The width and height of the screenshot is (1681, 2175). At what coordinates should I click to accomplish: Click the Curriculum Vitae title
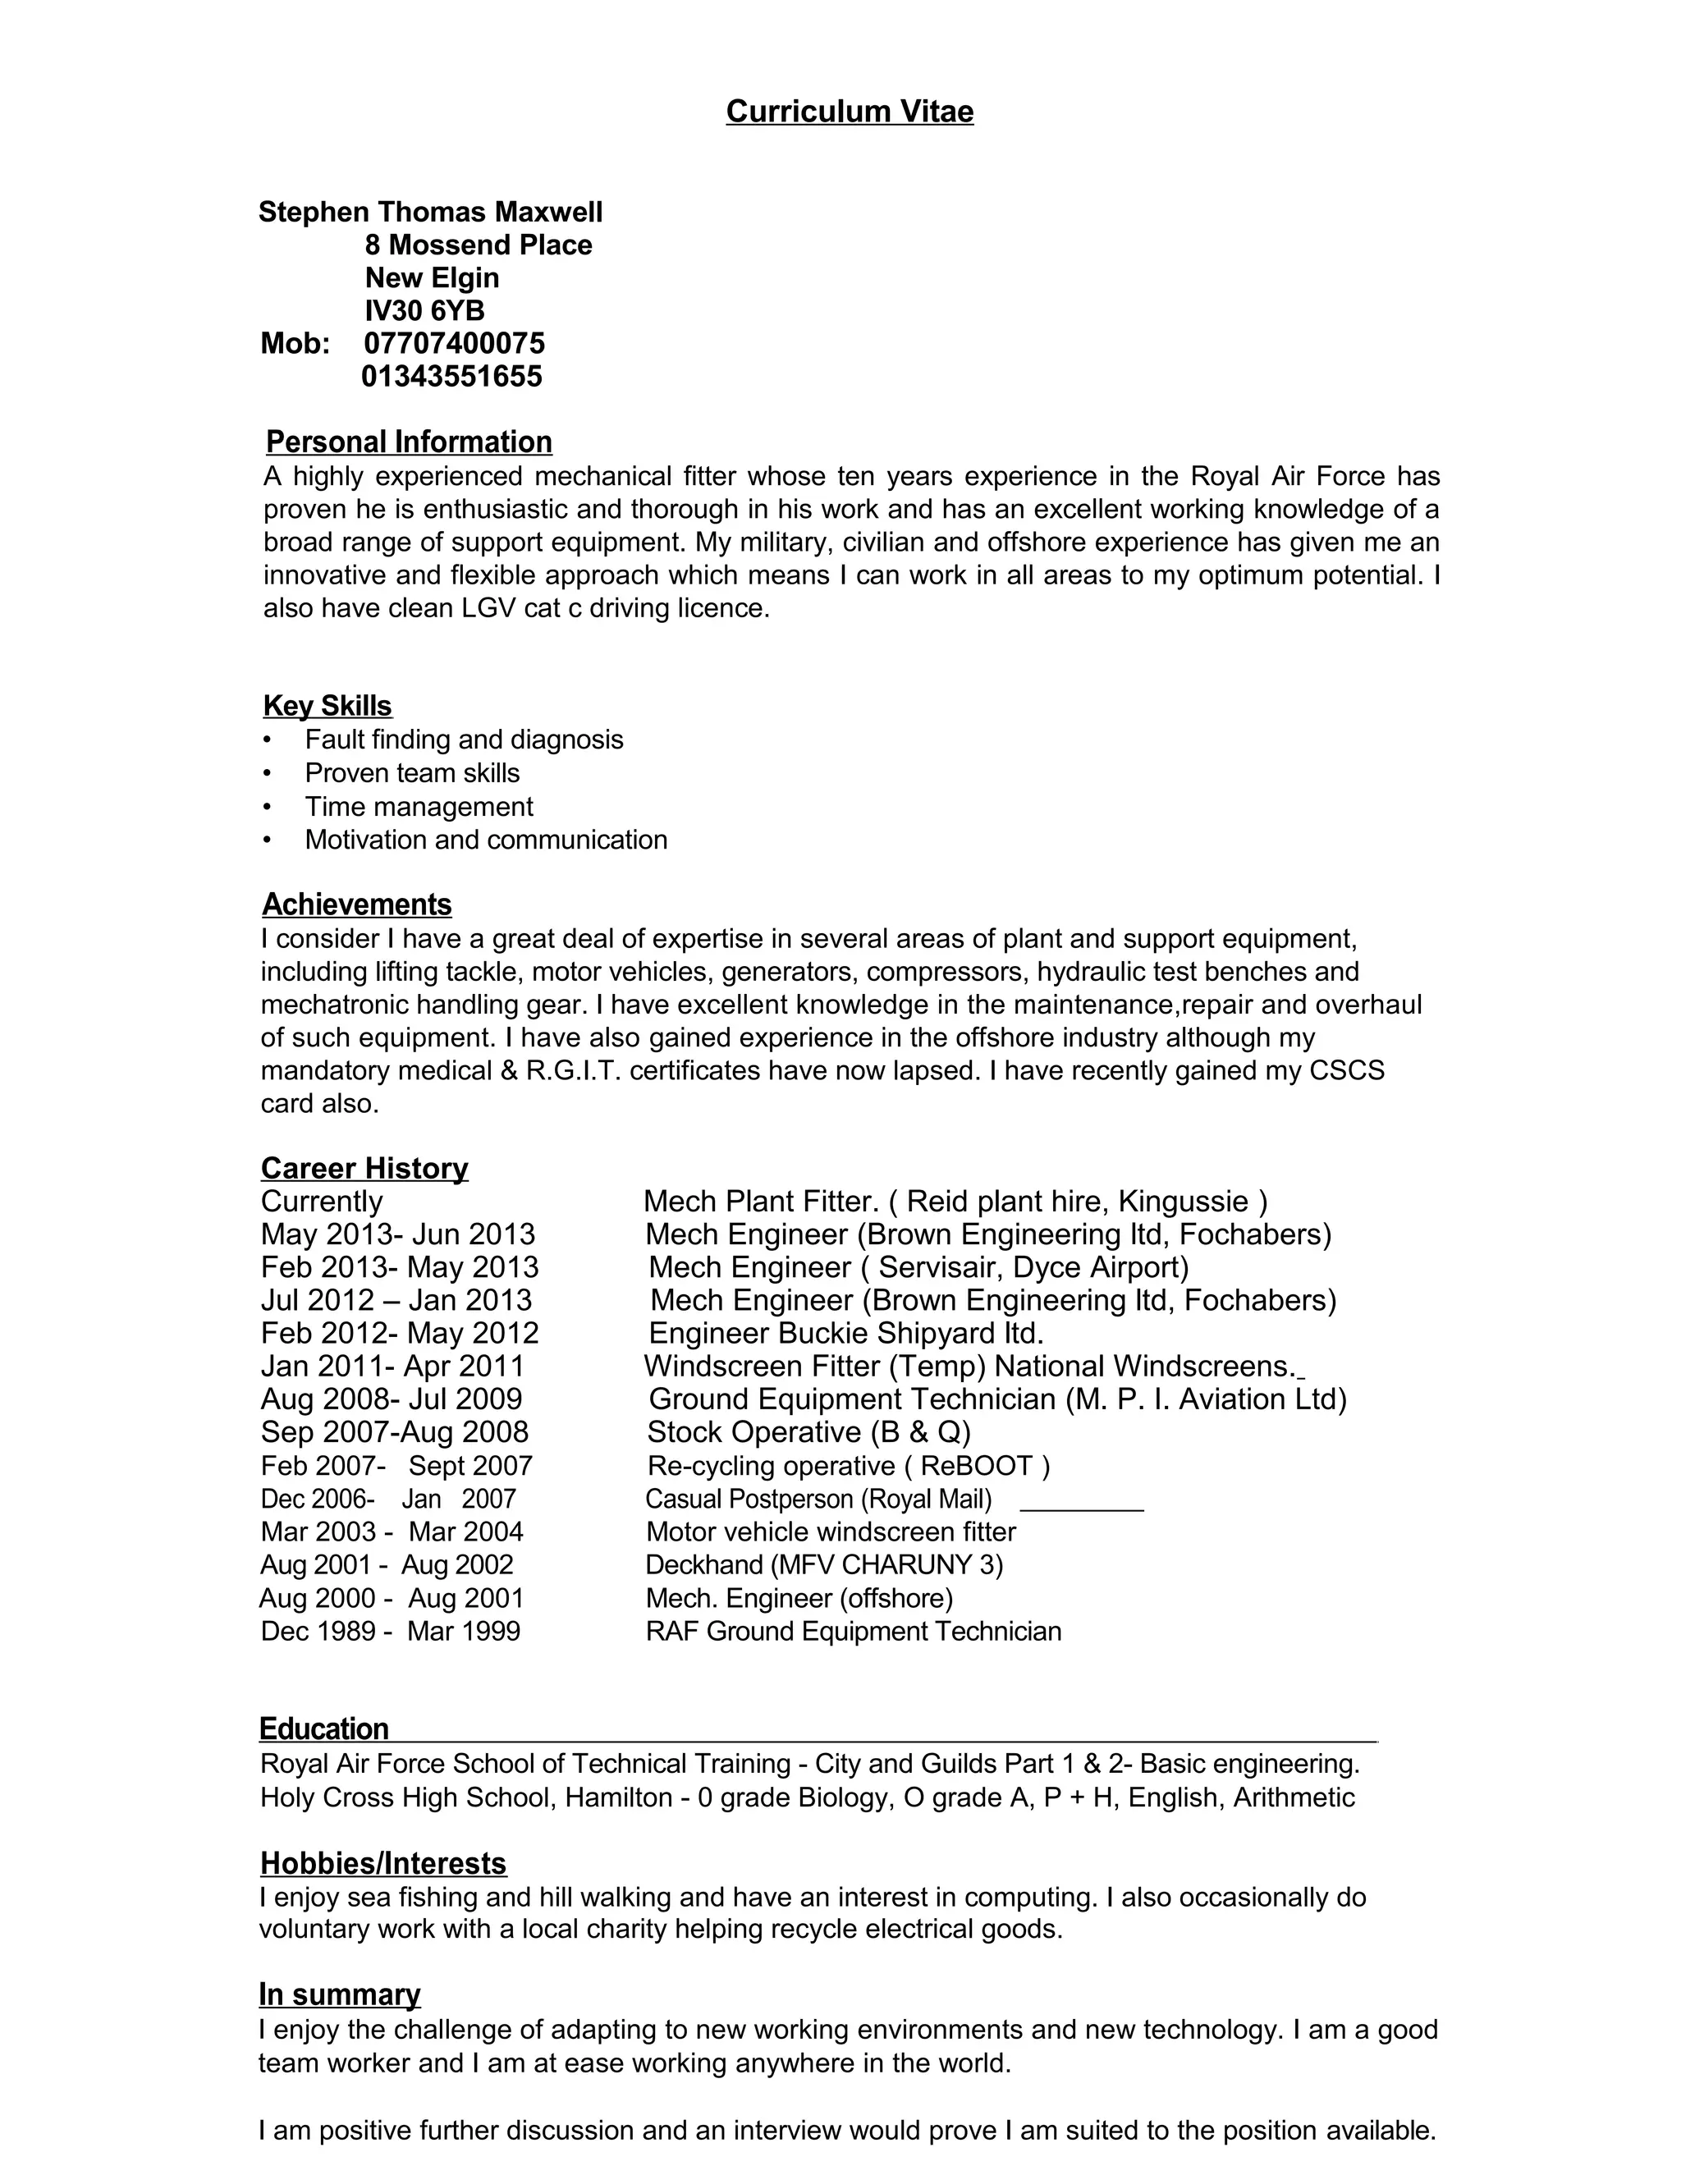coord(849,111)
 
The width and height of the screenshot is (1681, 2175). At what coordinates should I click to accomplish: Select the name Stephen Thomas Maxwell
coord(430,212)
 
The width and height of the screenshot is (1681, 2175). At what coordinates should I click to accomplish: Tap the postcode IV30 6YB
coord(424,311)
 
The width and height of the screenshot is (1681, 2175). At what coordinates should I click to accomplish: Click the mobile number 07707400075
coord(454,344)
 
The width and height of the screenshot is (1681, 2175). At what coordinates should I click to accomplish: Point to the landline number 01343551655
coord(451,377)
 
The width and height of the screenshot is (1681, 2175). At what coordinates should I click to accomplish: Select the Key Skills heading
coord(327,706)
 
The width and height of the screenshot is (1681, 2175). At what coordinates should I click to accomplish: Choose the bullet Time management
coord(419,807)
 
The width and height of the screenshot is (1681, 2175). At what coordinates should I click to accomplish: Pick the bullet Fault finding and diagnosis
coord(463,740)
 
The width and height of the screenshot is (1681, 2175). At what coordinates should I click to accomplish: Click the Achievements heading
coord(356,904)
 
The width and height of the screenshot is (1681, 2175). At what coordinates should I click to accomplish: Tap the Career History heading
coord(364,1168)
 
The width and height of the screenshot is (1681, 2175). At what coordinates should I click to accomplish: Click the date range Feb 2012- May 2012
coord(400,1334)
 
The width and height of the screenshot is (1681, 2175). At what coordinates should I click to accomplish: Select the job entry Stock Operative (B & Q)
coord(808,1432)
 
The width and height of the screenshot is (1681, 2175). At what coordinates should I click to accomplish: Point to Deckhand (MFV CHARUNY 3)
coord(823,1564)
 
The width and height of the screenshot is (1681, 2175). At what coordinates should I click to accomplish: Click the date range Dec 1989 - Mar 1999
coord(391,1632)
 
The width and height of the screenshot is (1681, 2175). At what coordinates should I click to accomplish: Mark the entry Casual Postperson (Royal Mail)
coord(818,1499)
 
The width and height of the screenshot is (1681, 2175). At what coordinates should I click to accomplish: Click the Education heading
coord(323,1729)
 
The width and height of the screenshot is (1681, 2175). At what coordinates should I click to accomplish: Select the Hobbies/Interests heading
coord(382,1863)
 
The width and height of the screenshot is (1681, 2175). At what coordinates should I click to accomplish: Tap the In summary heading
coord(339,1994)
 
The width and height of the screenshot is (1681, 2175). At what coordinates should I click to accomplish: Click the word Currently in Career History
coord(322,1202)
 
